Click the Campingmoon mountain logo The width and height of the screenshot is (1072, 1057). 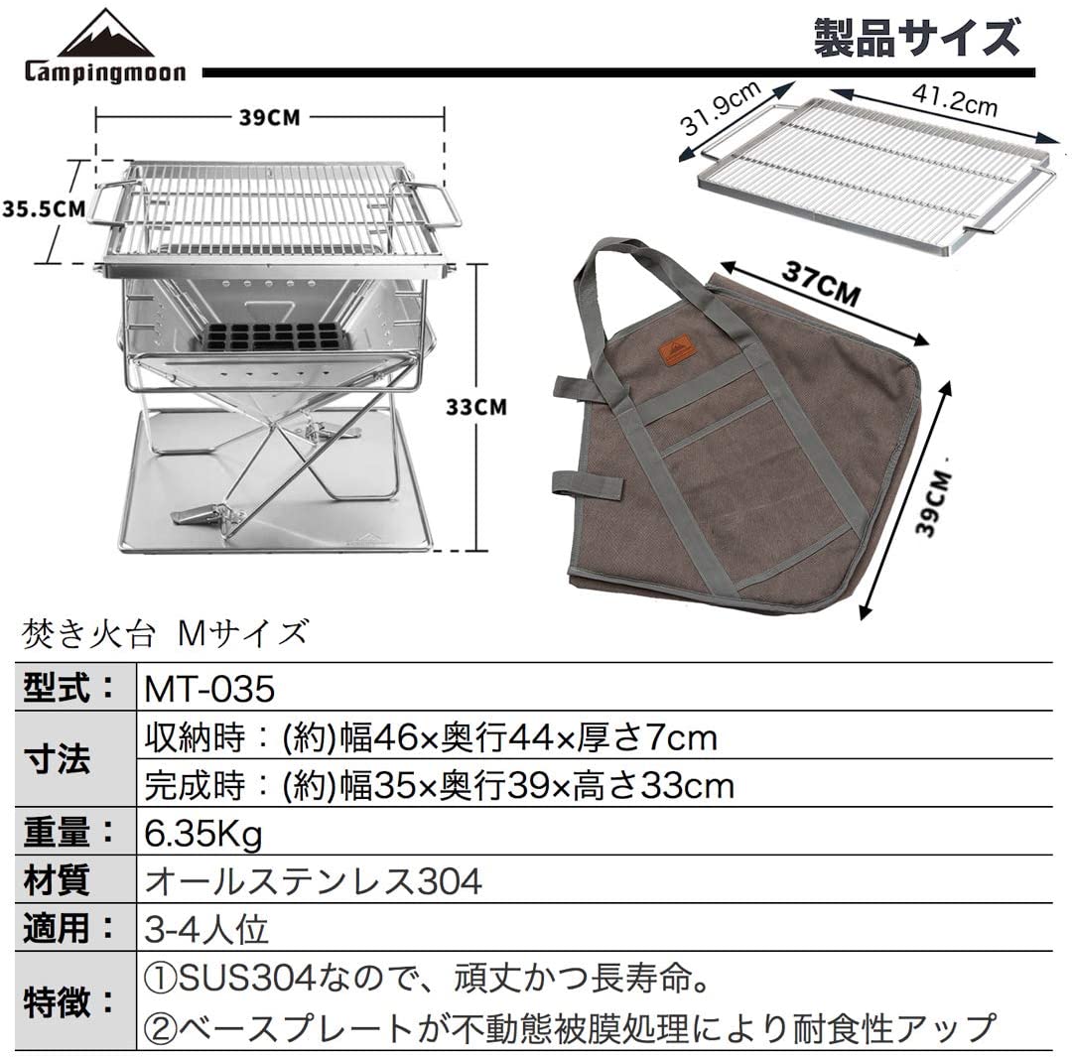click(x=105, y=46)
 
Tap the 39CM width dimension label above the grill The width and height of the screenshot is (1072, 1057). click(x=269, y=117)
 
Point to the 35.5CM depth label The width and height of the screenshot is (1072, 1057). click(x=44, y=208)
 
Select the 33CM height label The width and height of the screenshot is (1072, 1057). click(x=476, y=407)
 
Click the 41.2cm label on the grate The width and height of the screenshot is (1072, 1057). click(x=955, y=99)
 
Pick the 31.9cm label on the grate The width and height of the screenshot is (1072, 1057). click(x=721, y=107)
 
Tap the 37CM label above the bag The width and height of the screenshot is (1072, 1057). click(x=821, y=283)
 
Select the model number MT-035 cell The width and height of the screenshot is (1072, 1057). click(x=209, y=689)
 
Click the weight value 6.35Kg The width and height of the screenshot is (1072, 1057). click(x=203, y=834)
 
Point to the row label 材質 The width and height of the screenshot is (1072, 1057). click(x=56, y=880)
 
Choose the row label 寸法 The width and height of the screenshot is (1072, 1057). click(x=56, y=759)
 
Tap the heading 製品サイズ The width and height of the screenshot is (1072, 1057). click(x=916, y=38)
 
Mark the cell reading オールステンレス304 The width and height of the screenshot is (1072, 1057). click(x=313, y=880)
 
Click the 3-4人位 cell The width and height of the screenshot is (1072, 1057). click(x=205, y=929)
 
